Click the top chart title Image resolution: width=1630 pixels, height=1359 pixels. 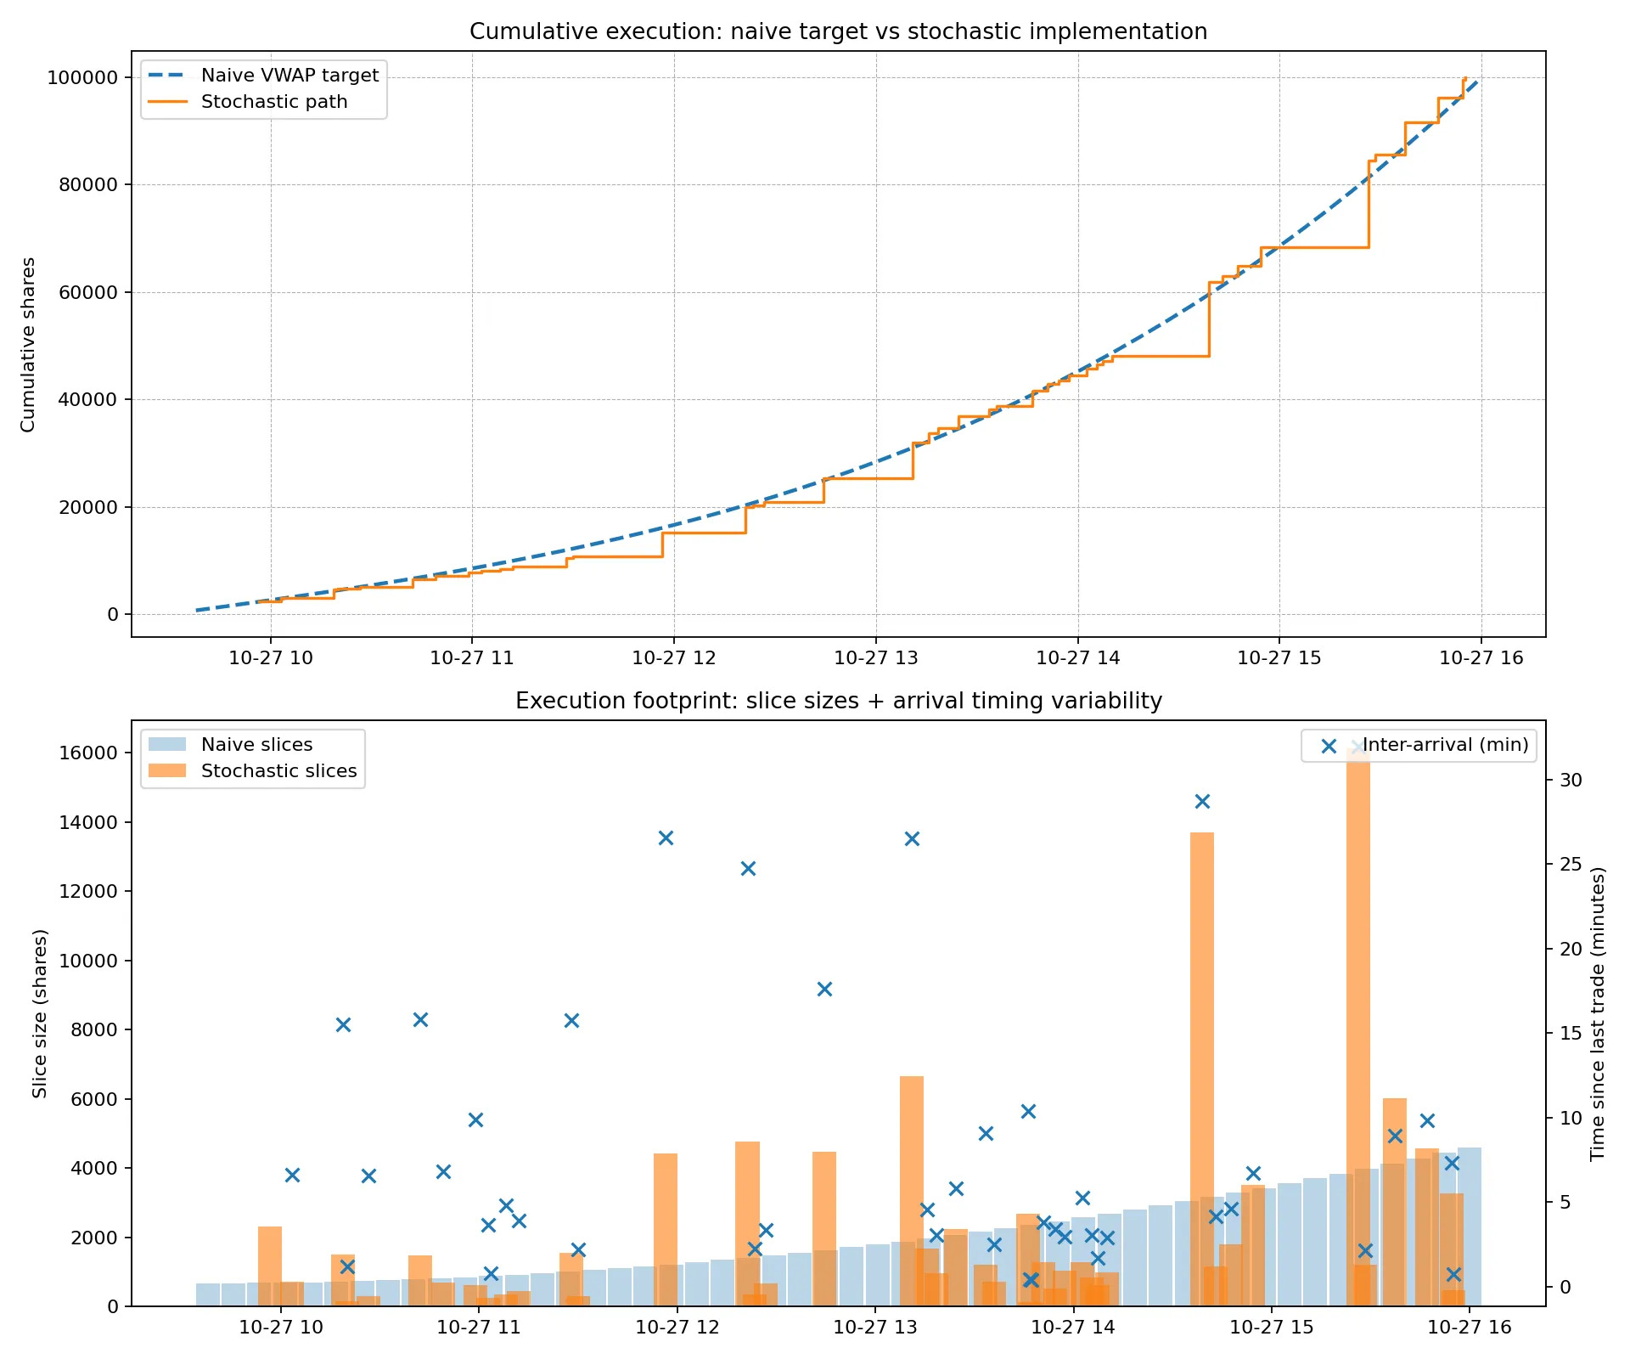[838, 31]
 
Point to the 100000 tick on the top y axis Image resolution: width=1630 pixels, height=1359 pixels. [82, 77]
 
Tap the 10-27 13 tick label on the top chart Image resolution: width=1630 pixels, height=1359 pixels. [875, 657]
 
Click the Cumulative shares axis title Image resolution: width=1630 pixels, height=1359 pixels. [28, 344]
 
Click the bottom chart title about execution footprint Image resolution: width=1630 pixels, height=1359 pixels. [838, 701]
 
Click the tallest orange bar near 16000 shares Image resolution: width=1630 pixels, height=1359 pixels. [1358, 1019]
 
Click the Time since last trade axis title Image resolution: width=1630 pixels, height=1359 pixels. [1598, 1013]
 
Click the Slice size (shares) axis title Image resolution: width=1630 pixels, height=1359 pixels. [39, 1013]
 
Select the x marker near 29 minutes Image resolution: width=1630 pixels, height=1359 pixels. [1202, 801]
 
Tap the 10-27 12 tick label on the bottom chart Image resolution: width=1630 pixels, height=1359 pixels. [677, 1327]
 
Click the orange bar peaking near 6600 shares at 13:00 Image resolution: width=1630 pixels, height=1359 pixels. [912, 1189]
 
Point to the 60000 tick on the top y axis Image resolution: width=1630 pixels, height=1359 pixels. [88, 292]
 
